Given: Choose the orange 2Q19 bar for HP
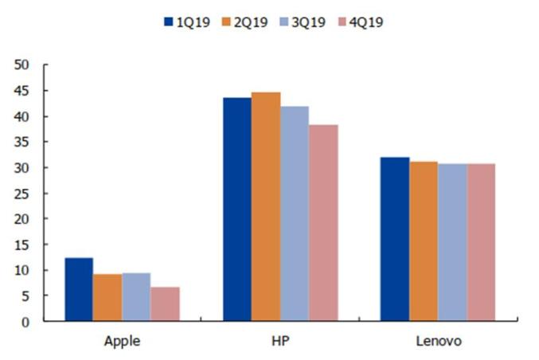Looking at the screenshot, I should click(266, 206).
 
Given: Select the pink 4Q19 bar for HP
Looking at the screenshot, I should click(323, 222).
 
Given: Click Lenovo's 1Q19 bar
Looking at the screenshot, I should click(395, 239).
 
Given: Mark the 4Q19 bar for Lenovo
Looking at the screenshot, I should click(481, 242).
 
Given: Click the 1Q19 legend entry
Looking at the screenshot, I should click(186, 22).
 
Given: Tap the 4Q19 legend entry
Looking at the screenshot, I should click(361, 22).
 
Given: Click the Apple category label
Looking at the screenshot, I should click(123, 342).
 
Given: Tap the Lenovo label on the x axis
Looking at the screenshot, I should click(438, 342).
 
